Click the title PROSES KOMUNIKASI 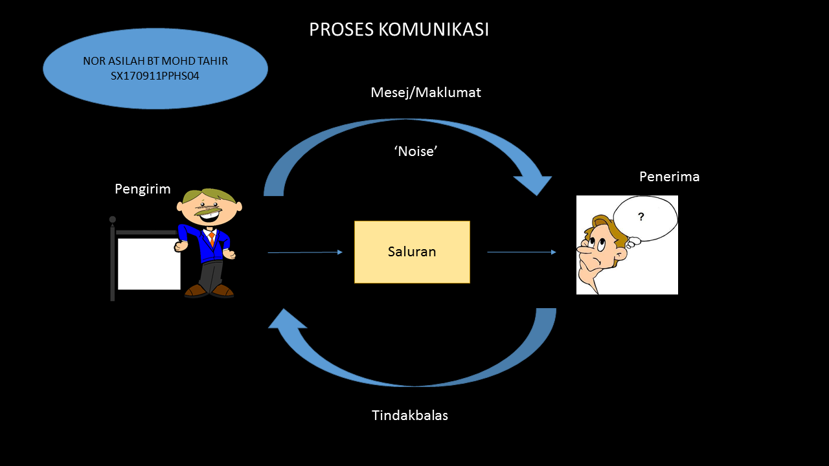click(x=399, y=30)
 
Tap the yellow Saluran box click(x=412, y=252)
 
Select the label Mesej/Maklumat click(x=426, y=93)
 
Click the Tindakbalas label click(x=410, y=415)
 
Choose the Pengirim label click(x=142, y=189)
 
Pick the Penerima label click(x=669, y=177)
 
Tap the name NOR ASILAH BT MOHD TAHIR click(x=155, y=61)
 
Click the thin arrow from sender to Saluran click(x=304, y=252)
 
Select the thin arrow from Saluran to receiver click(x=521, y=252)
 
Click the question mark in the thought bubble click(x=641, y=217)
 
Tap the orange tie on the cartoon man click(x=212, y=238)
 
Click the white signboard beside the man click(x=149, y=263)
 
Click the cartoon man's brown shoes click(x=209, y=291)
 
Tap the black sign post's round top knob click(x=113, y=219)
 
